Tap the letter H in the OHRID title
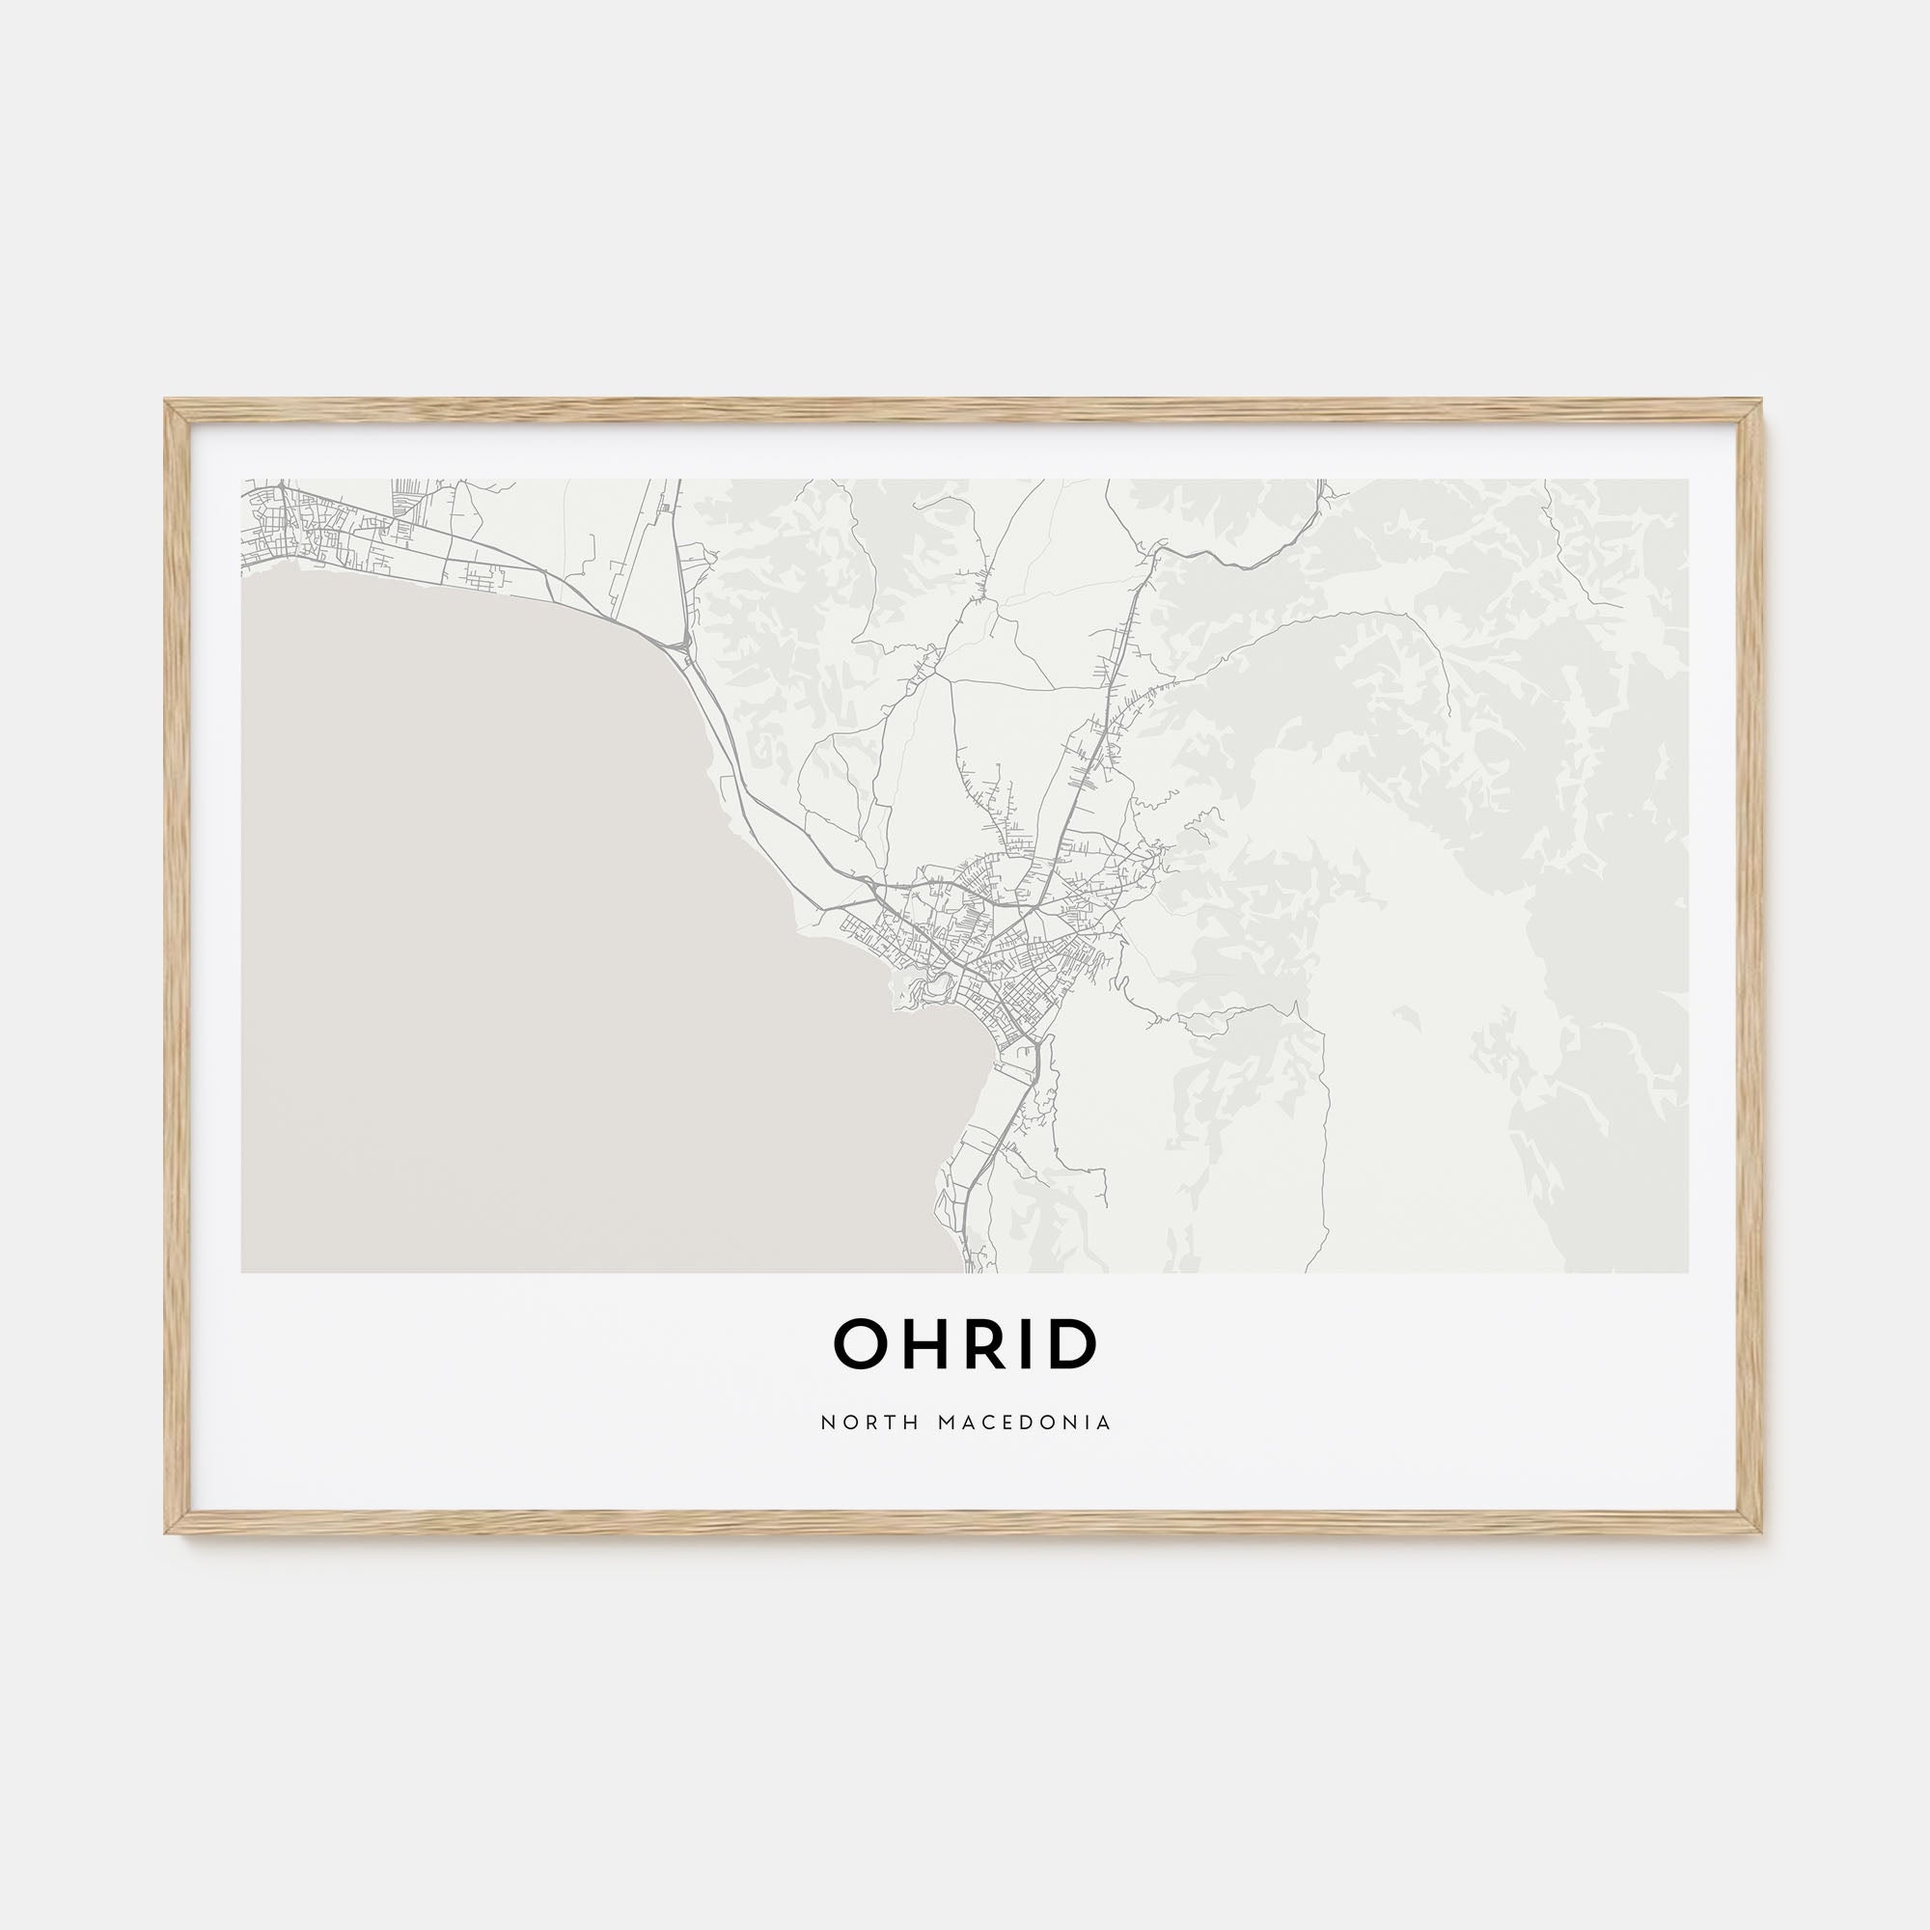point(930,1344)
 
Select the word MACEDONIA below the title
point(1025,1422)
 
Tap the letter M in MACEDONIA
point(947,1422)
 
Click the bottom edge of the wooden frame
point(963,1523)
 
